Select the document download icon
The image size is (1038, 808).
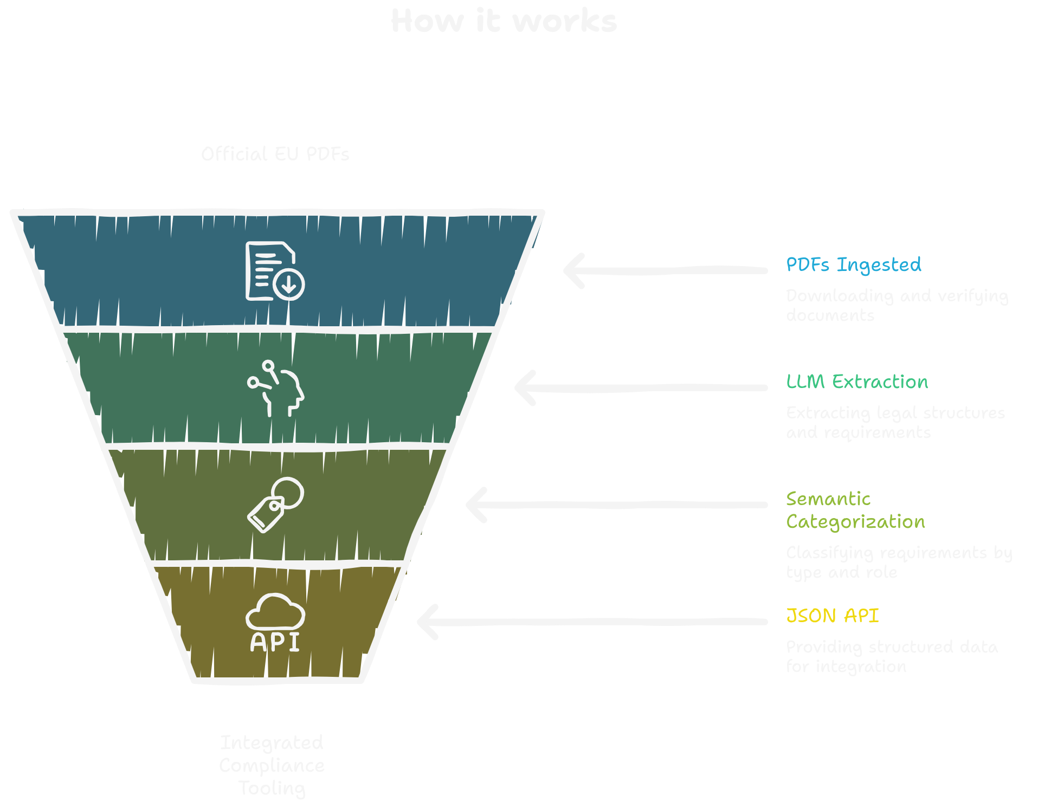275,271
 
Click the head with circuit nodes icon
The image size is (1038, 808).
275,388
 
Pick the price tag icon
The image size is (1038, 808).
275,505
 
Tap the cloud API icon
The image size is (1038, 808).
275,622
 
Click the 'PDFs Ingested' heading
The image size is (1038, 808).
853,265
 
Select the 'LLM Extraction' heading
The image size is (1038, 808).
856,382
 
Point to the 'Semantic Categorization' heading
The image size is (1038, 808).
855,510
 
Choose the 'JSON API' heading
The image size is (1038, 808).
832,616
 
